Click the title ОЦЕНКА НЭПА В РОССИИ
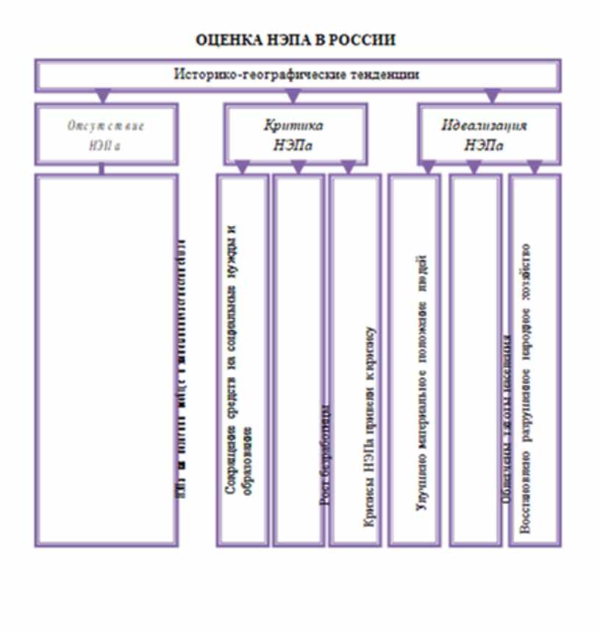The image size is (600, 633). point(296,40)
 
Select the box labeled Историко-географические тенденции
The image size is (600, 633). point(297,74)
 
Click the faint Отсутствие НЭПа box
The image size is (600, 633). point(106,134)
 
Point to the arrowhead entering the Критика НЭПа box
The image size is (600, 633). point(293,96)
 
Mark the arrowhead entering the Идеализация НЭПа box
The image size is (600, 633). point(492,96)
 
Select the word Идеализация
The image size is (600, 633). point(485,125)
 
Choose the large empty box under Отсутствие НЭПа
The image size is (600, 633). point(106,361)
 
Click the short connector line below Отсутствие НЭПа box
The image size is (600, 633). point(101,169)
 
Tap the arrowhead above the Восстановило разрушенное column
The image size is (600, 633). point(535,169)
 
